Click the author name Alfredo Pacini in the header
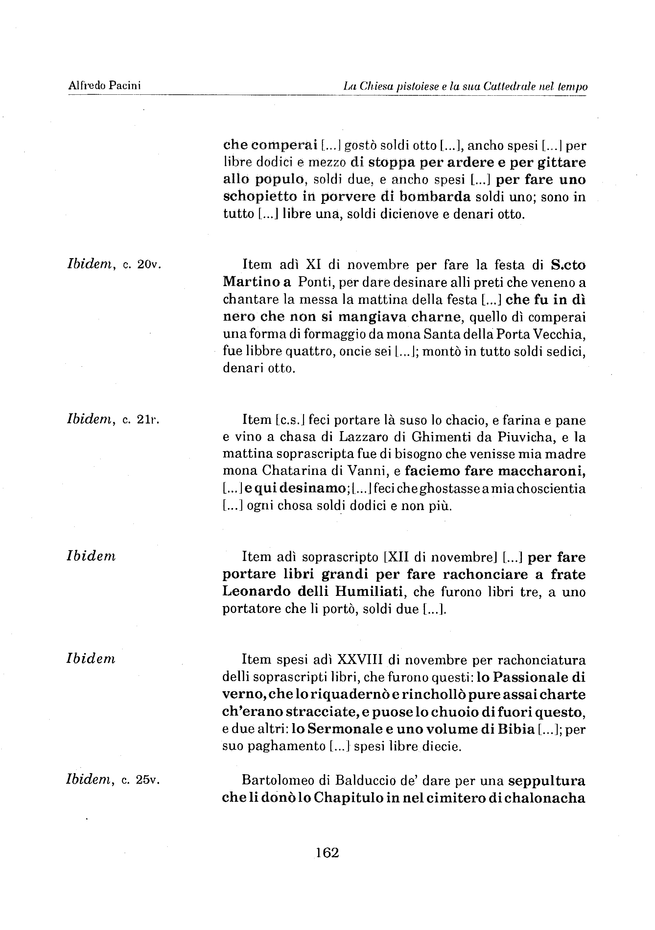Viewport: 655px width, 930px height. coord(105,86)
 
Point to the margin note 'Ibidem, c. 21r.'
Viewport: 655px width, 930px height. coord(113,420)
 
